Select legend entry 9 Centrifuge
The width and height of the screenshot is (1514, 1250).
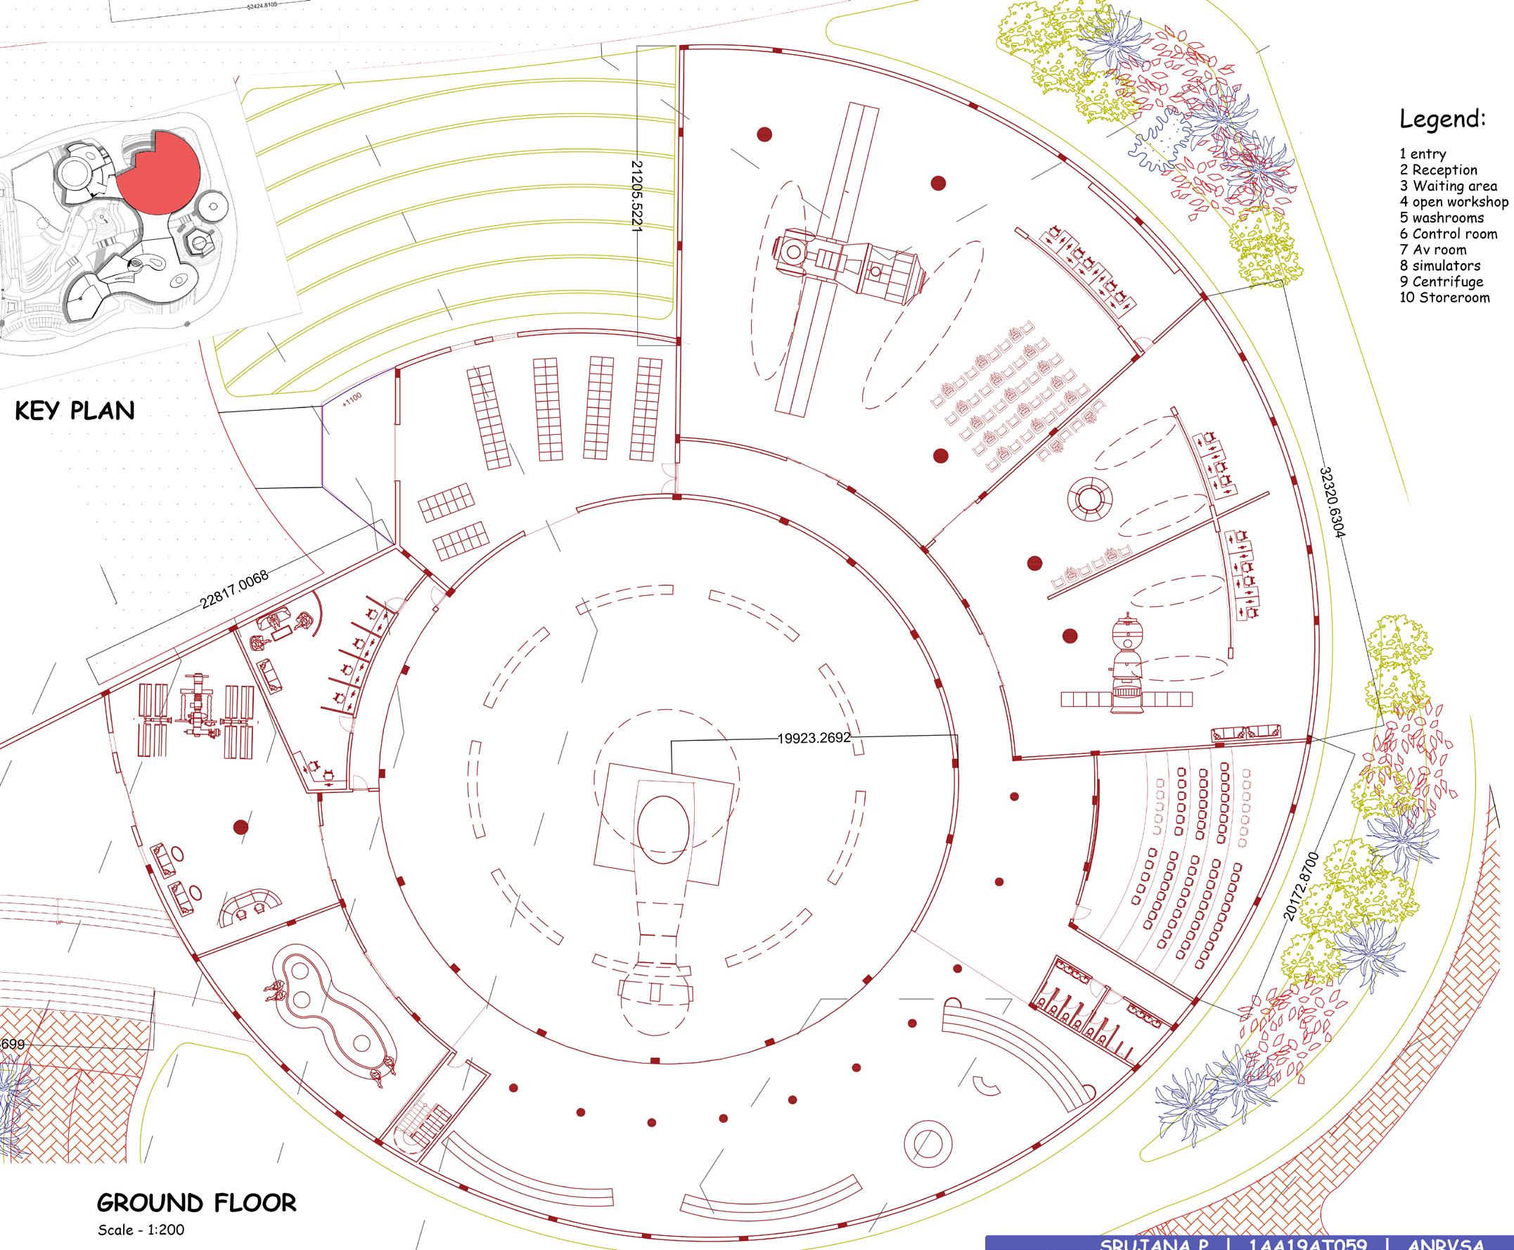(x=1442, y=281)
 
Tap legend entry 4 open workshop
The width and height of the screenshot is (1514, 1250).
(x=1454, y=203)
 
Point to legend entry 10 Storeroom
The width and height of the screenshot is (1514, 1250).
(x=1444, y=298)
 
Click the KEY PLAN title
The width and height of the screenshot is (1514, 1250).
(x=75, y=411)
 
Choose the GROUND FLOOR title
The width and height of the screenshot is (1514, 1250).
(x=195, y=1202)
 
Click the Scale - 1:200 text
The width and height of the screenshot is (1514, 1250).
(x=136, y=1230)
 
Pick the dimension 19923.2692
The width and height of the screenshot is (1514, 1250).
(x=814, y=738)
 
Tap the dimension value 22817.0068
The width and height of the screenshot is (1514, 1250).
(x=235, y=589)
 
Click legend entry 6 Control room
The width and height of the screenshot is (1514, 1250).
(x=1449, y=234)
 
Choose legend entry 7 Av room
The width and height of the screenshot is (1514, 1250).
(x=1432, y=250)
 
